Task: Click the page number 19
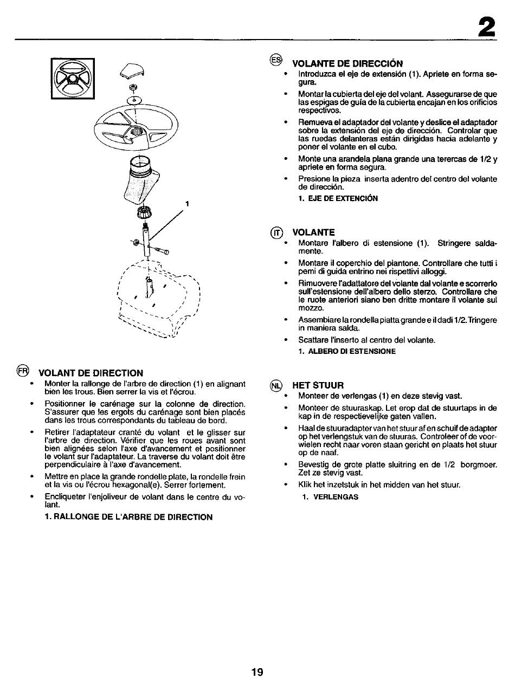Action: (x=257, y=672)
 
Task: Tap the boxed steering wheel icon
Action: (x=72, y=79)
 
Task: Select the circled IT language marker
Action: (x=276, y=232)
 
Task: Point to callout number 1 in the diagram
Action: (x=186, y=204)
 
